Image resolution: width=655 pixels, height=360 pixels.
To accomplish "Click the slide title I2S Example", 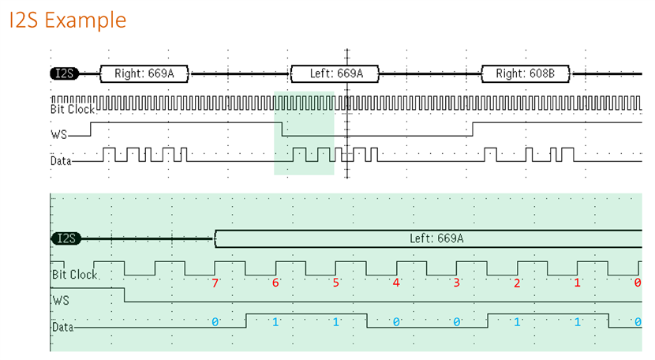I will [68, 19].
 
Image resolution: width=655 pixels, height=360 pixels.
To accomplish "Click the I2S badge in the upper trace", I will [62, 74].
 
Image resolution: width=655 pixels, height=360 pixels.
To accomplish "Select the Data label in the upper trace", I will [60, 160].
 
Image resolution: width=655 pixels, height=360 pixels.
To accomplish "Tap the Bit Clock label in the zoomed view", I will [74, 275].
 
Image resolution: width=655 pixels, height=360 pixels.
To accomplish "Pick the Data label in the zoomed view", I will [62, 326].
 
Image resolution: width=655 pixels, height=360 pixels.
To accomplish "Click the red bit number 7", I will [214, 283].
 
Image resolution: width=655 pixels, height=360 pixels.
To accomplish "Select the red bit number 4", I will [396, 283].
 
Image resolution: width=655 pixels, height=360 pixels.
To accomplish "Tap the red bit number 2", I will [517, 283].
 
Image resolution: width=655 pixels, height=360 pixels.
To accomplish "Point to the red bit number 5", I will [335, 283].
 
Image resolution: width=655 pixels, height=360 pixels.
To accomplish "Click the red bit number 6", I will [275, 283].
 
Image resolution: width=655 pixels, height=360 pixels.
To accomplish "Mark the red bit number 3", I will [456, 283].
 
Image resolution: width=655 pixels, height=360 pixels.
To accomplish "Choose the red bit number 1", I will [577, 283].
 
